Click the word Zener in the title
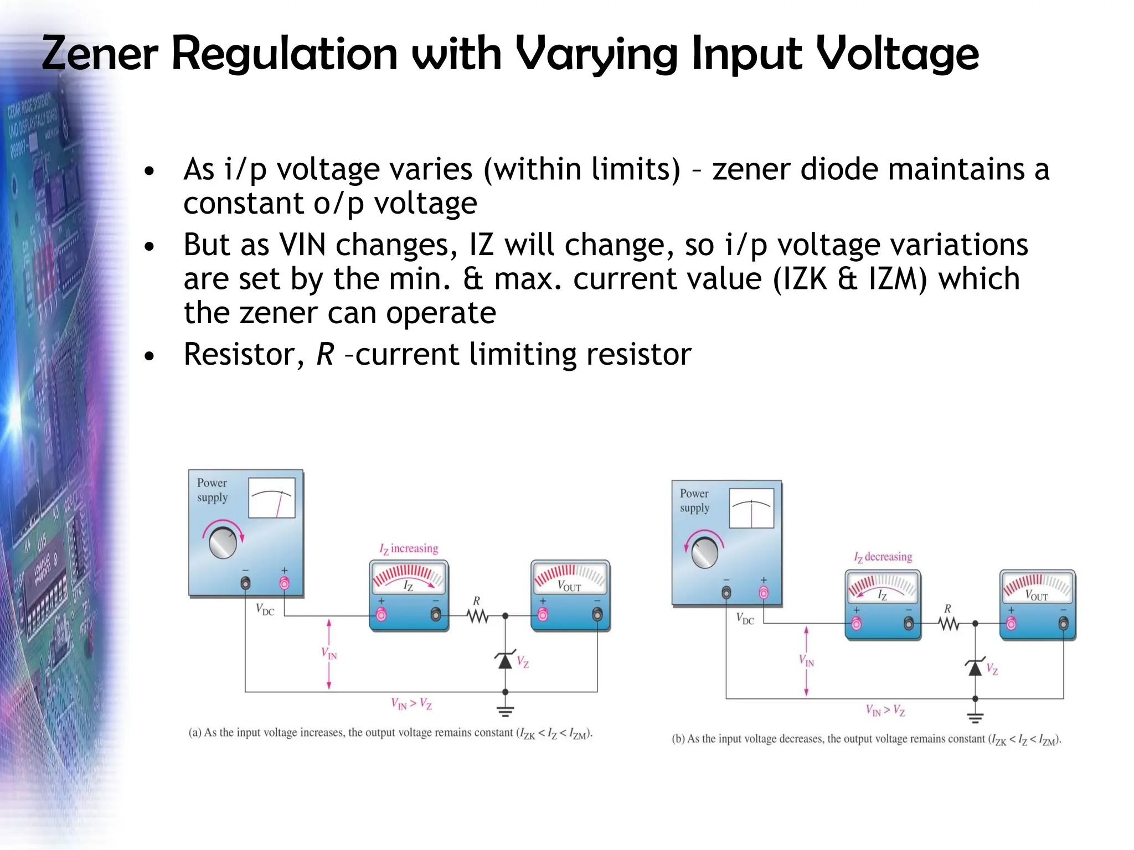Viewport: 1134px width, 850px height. click(100, 54)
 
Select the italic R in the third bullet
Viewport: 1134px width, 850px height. click(325, 354)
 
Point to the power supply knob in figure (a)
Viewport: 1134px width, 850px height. click(223, 543)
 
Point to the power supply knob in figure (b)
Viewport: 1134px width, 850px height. click(704, 552)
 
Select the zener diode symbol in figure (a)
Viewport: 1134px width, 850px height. click(505, 660)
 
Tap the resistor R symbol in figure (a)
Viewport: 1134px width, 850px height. click(477, 615)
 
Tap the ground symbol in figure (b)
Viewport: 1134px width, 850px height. click(975, 718)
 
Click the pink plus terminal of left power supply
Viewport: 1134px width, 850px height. click(284, 583)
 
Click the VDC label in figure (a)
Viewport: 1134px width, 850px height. click(265, 610)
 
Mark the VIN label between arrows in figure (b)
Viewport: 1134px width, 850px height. click(806, 660)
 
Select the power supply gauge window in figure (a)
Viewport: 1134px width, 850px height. click(271, 497)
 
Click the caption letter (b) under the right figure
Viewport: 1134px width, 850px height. click(678, 739)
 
